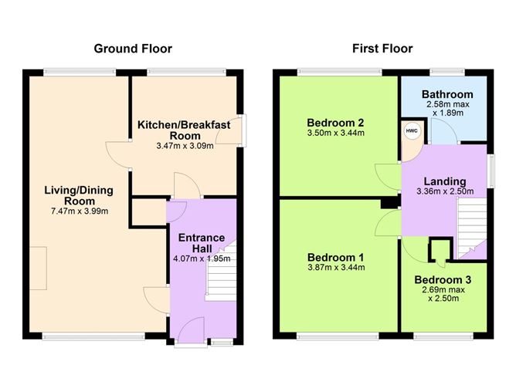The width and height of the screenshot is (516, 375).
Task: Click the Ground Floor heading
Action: click(x=133, y=49)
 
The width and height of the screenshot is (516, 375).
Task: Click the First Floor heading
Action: click(x=382, y=49)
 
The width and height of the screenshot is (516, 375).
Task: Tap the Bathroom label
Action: click(x=442, y=95)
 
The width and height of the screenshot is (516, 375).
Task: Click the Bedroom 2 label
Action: click(x=335, y=123)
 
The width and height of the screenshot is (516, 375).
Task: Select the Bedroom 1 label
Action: click(x=335, y=257)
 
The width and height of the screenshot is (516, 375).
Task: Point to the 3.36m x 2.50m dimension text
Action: click(x=443, y=192)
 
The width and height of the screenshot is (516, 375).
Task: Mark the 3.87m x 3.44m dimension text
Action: click(x=335, y=268)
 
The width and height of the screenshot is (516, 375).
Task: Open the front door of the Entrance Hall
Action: click(x=188, y=333)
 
